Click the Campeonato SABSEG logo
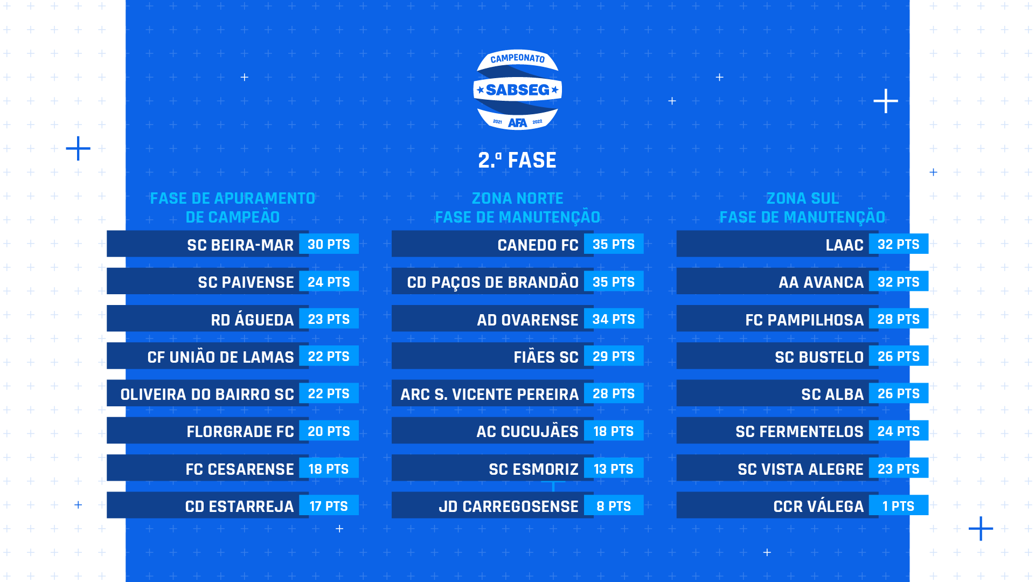[x=517, y=89]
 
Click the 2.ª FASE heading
[x=517, y=161]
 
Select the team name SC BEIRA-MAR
[x=240, y=245]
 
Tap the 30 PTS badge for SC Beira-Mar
[x=329, y=244]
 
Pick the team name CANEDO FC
[x=538, y=245]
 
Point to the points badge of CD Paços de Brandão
[x=614, y=281]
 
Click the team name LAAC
[x=844, y=245]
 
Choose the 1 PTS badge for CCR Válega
[x=899, y=506]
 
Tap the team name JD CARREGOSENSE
[x=509, y=507]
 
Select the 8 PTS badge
[x=614, y=506]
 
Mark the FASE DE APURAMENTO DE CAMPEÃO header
[x=232, y=208]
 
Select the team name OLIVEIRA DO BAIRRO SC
[x=207, y=394]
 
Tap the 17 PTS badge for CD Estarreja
[x=329, y=506]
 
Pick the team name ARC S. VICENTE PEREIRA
[x=489, y=394]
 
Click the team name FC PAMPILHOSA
[x=804, y=320]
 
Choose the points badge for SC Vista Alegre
[x=899, y=469]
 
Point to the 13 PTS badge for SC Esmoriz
[x=614, y=469]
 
